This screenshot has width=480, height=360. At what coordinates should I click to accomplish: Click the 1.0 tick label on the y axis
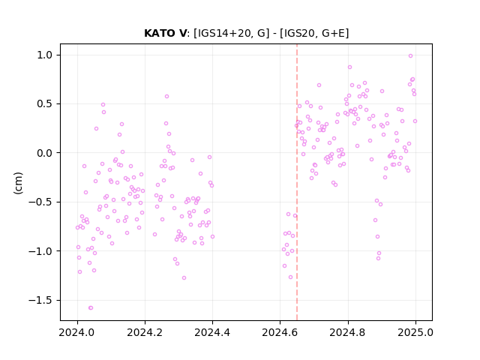45,55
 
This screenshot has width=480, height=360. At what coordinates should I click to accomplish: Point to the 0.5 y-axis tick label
45,104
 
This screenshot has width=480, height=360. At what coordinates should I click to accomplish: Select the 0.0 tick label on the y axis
45,153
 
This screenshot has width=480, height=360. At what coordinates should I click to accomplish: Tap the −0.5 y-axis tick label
40,202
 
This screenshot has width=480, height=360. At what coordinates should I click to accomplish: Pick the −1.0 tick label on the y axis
40,251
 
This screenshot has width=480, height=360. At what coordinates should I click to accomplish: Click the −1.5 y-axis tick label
40,300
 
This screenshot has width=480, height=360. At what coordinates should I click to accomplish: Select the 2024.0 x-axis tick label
77,332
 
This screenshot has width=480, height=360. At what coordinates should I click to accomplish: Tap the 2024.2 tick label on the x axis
145,332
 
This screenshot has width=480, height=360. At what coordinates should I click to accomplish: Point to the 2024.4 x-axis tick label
212,332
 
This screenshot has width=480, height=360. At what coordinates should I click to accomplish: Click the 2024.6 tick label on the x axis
280,332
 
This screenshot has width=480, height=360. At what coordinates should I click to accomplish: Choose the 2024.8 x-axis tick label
348,332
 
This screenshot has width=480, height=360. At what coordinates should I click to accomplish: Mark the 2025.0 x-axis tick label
415,332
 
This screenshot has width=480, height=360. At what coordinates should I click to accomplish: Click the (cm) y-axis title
18,183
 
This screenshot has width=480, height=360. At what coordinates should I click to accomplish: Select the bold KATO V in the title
165,33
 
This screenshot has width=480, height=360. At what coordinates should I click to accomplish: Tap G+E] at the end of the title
335,33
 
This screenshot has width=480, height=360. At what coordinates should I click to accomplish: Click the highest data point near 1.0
410,55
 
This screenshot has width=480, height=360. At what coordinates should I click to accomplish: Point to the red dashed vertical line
297,182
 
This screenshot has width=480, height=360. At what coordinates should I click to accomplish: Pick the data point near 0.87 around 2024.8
349,67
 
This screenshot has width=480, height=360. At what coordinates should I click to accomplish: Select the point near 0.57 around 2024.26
166,96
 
